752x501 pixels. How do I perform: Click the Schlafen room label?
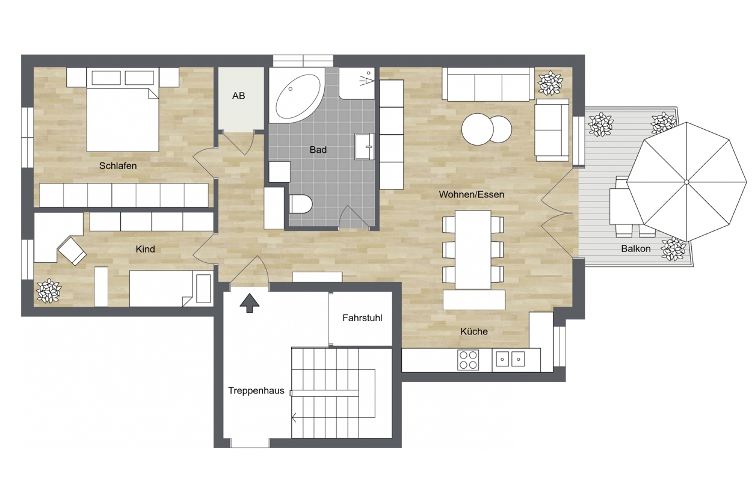[118, 166]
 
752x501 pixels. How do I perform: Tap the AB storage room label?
[239, 96]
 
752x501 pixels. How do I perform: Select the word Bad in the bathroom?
[318, 150]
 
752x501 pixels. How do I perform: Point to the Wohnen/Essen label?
[471, 195]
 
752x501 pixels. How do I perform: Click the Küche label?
[474, 331]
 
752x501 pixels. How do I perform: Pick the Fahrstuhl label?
[362, 318]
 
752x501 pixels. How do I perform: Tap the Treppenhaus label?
[256, 390]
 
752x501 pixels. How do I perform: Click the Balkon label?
[635, 248]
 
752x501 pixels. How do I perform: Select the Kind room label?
[145, 249]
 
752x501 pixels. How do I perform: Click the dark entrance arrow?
[250, 303]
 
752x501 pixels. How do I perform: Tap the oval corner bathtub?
[297, 97]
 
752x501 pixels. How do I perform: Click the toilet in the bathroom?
[300, 204]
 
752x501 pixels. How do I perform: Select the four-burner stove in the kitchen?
[468, 360]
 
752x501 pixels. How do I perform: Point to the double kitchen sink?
[510, 359]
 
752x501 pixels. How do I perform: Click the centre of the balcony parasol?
[686, 182]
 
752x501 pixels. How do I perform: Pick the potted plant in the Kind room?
[49, 291]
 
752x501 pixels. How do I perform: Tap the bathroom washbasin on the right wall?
[365, 146]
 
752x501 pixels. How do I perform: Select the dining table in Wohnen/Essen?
[473, 250]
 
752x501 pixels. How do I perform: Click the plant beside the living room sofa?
[550, 83]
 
